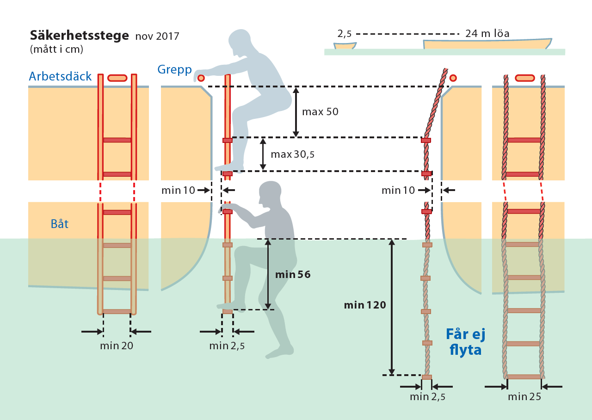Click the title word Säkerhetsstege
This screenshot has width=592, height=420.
point(80,36)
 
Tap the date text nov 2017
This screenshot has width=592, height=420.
point(157,36)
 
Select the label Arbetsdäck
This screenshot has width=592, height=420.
point(60,76)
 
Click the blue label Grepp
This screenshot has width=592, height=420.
point(174,70)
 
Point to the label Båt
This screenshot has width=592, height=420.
point(60,224)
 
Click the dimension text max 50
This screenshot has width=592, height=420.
point(320,112)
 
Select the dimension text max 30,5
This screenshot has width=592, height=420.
point(293,154)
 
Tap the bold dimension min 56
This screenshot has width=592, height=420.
point(293,274)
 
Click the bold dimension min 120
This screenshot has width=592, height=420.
point(365,305)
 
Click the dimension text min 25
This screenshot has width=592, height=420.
point(524,396)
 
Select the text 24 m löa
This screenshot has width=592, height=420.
point(487,34)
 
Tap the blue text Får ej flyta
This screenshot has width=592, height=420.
point(465,342)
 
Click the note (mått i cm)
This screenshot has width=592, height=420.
point(56,49)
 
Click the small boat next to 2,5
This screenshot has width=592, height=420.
point(345,46)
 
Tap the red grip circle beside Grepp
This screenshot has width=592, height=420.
point(201,78)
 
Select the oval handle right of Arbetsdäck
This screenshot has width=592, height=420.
point(117,78)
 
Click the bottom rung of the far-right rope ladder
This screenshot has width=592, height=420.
point(524,377)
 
